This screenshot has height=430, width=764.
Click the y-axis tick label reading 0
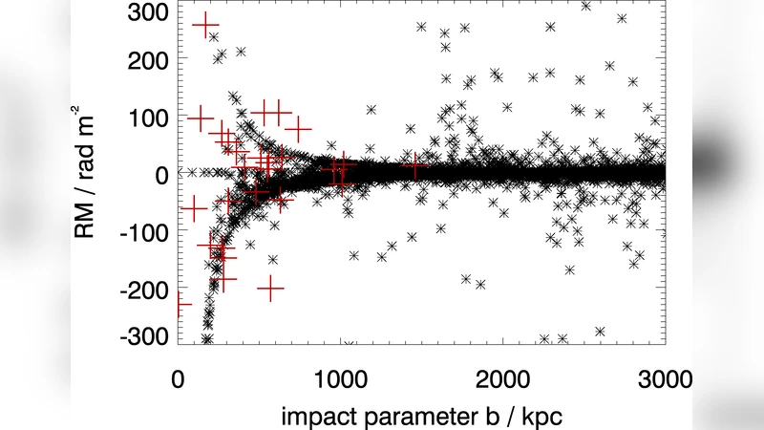point(160,174)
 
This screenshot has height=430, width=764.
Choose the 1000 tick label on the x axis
point(340,378)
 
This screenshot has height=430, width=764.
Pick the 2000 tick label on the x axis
point(502,378)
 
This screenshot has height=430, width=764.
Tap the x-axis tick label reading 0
point(178,378)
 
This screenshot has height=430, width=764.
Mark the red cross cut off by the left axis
point(180,305)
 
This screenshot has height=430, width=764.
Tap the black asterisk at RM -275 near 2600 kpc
point(600,332)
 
